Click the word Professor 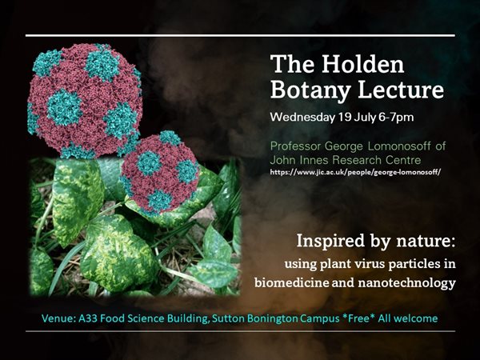[298, 147]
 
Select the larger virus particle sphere [84, 100]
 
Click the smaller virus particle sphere [160, 170]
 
